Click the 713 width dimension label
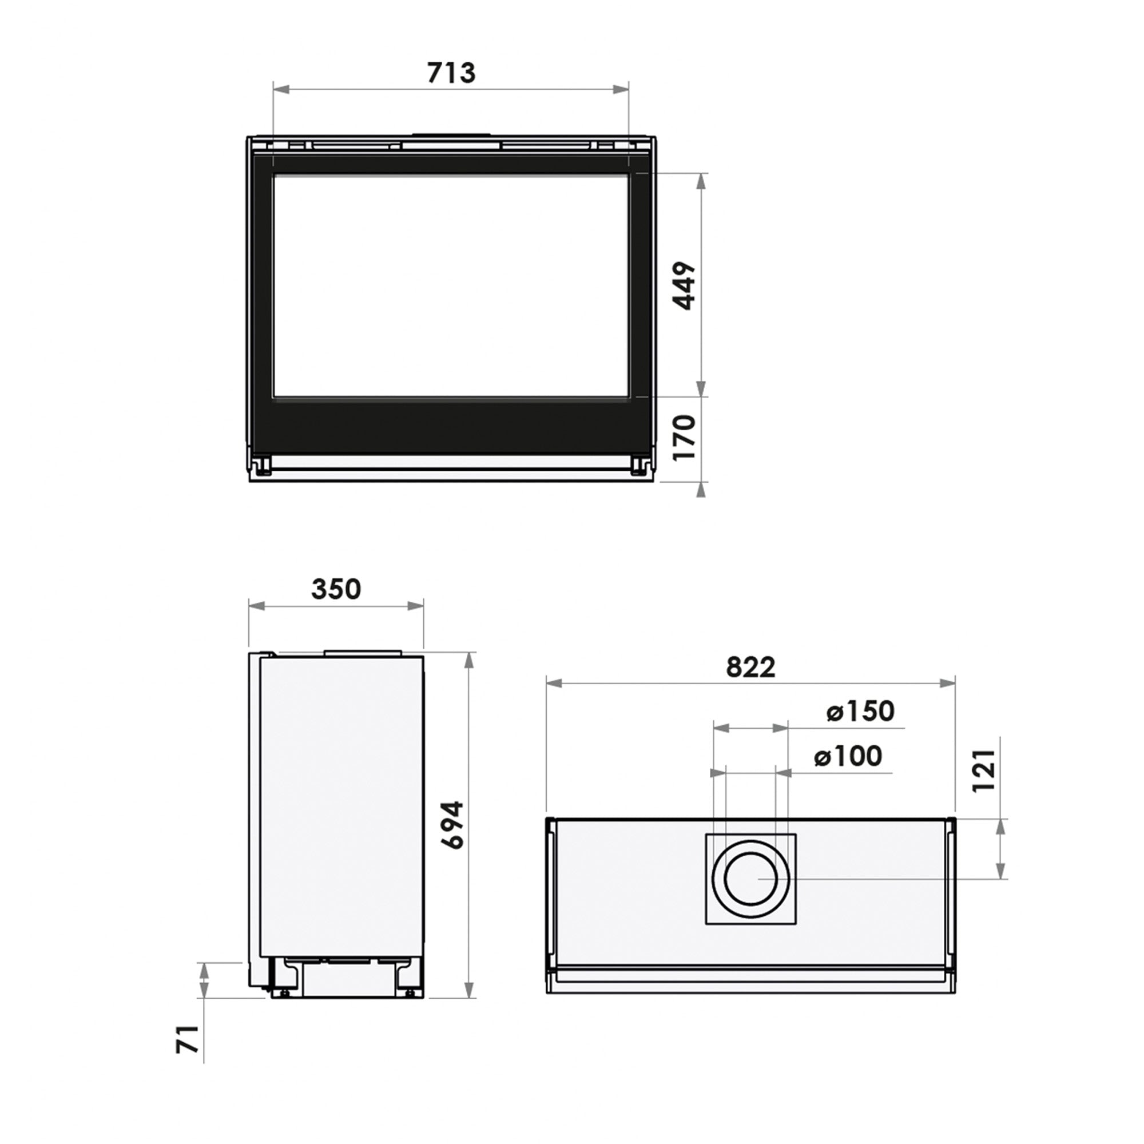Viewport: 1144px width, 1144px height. click(x=451, y=73)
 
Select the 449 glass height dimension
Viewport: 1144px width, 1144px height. click(x=686, y=285)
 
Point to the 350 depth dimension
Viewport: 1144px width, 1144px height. click(x=336, y=589)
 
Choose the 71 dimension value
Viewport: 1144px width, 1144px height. click(x=188, y=1040)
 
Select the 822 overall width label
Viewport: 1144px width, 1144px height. click(x=750, y=668)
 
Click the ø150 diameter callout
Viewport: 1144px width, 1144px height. click(x=860, y=711)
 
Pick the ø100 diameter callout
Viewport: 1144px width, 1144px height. click(x=848, y=756)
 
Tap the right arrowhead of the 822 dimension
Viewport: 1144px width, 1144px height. click(x=948, y=684)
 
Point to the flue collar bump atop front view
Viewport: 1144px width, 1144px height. click(x=451, y=134)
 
